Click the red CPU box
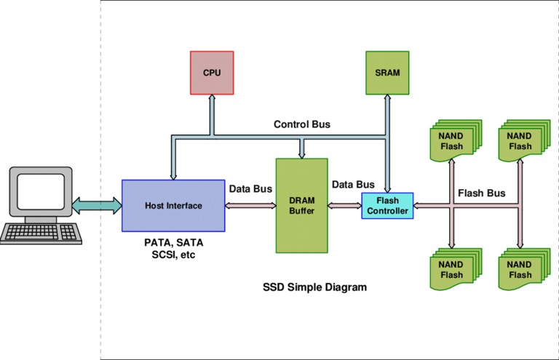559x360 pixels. pyautogui.click(x=212, y=73)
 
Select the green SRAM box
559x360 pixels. pyautogui.click(x=387, y=73)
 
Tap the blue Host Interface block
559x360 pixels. pyautogui.click(x=173, y=206)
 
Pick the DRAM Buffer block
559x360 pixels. pyautogui.click(x=301, y=206)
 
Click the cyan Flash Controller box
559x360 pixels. pyautogui.click(x=387, y=206)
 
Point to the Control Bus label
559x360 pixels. pyautogui.click(x=301, y=124)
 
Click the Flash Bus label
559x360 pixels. pyautogui.click(x=481, y=193)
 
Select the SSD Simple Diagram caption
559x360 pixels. pyautogui.click(x=314, y=287)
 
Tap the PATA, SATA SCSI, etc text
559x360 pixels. pyautogui.click(x=174, y=249)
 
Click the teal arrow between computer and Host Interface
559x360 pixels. pyautogui.click(x=97, y=206)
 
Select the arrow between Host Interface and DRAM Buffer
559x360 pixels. pyautogui.click(x=250, y=206)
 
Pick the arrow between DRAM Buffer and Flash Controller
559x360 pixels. pyautogui.click(x=345, y=206)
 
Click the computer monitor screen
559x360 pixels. pyautogui.click(x=41, y=191)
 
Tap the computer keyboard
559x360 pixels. pyautogui.click(x=41, y=233)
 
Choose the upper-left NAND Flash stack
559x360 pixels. pyautogui.click(x=456, y=140)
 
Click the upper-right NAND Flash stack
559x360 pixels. pyautogui.click(x=524, y=140)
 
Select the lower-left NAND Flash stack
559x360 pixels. pyautogui.click(x=456, y=269)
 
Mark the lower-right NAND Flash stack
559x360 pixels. pyautogui.click(x=524, y=269)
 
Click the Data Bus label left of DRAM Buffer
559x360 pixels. pyautogui.click(x=250, y=188)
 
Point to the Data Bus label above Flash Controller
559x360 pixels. pyautogui.click(x=353, y=185)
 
